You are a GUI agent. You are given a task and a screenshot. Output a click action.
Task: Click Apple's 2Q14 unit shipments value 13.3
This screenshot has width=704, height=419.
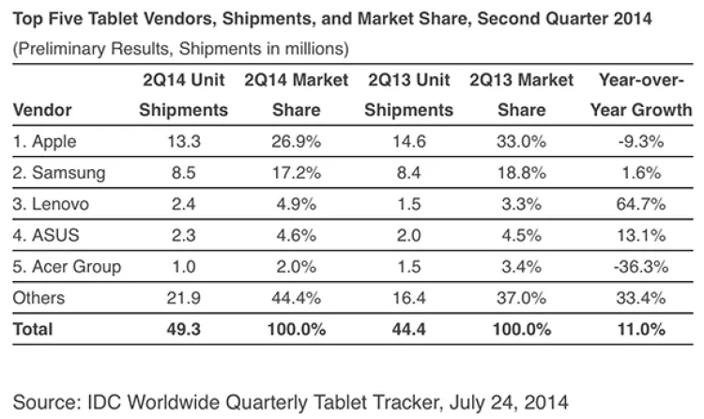coord(183,142)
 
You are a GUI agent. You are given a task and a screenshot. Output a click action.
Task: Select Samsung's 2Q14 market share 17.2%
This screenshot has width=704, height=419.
coord(297,173)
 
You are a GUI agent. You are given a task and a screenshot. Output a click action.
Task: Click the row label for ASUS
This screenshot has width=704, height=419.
coord(44,235)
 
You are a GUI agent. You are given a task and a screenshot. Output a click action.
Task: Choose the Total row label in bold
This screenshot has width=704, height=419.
coord(34,329)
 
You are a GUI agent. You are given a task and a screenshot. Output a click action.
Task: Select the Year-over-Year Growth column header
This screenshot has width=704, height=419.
coord(628,95)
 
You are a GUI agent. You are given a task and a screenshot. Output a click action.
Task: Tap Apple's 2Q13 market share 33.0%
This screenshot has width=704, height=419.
coord(521,142)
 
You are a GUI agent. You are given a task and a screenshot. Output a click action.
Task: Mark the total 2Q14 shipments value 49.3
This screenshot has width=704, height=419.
coord(183,329)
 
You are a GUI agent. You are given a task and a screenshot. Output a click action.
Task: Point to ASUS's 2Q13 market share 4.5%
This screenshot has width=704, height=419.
coord(521,235)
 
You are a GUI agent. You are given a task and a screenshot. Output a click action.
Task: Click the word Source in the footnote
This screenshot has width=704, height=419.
coord(46,399)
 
